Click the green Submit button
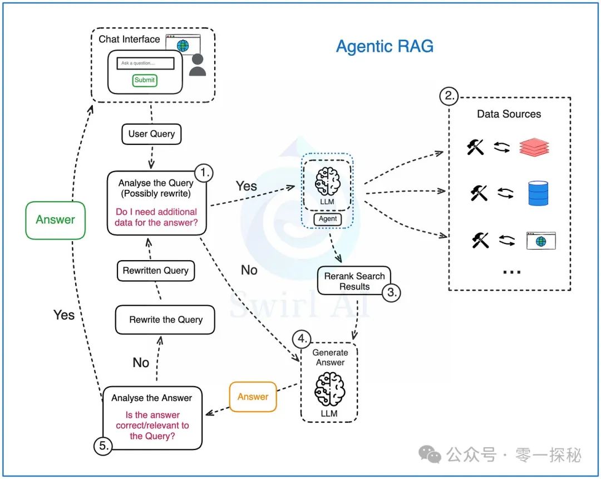(145, 80)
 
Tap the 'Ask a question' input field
(145, 63)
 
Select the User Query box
(151, 134)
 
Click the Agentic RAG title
(385, 46)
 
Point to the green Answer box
(55, 220)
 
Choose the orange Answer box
(253, 397)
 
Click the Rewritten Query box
(156, 271)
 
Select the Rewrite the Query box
(165, 320)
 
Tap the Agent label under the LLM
(328, 219)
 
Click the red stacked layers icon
(534, 147)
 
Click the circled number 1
(204, 173)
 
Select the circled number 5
(103, 446)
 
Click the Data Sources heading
(509, 114)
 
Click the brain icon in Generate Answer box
(329, 389)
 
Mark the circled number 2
(449, 96)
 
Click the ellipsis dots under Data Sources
(511, 272)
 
